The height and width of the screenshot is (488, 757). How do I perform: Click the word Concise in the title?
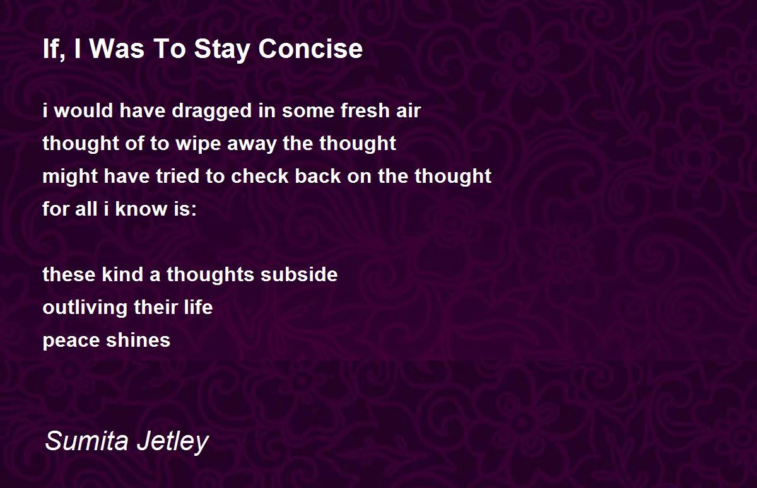(x=310, y=49)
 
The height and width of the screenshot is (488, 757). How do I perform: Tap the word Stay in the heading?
(x=222, y=50)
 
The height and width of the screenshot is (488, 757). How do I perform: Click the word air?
(x=409, y=110)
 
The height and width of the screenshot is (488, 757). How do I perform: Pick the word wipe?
(x=197, y=144)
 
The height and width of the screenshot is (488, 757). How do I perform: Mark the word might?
(x=70, y=177)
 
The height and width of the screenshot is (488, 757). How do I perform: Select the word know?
(x=141, y=209)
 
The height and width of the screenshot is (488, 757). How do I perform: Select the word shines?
(x=138, y=340)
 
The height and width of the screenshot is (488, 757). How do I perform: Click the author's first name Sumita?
(x=87, y=441)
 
